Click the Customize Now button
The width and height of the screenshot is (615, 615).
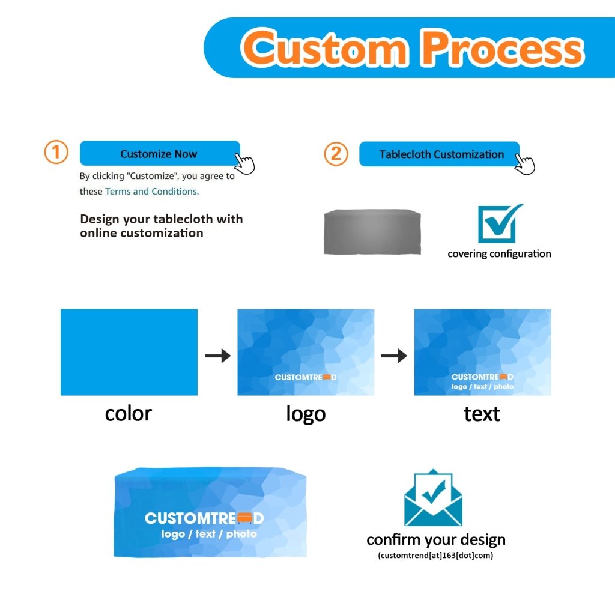point(159,154)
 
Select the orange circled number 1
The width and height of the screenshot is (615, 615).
point(56,153)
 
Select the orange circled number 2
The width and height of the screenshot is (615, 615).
point(336,154)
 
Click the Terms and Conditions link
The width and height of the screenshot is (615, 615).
point(151,192)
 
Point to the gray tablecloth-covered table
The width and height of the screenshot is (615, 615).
point(372,232)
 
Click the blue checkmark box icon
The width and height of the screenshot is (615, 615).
point(498,223)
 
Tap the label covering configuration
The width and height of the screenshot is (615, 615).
point(499,254)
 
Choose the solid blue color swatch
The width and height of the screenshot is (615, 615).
point(129,352)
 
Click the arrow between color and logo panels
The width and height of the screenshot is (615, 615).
point(217,356)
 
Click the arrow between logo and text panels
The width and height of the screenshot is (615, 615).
point(394,356)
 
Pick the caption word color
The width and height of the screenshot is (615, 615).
point(128,414)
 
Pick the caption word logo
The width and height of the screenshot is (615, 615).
point(306,414)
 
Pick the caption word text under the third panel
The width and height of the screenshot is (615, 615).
point(482,414)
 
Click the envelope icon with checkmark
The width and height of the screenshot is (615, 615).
point(433,498)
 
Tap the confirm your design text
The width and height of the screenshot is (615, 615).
point(436,539)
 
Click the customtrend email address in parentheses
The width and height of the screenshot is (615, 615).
point(436,556)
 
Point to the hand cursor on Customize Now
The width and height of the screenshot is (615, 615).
point(244,163)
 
